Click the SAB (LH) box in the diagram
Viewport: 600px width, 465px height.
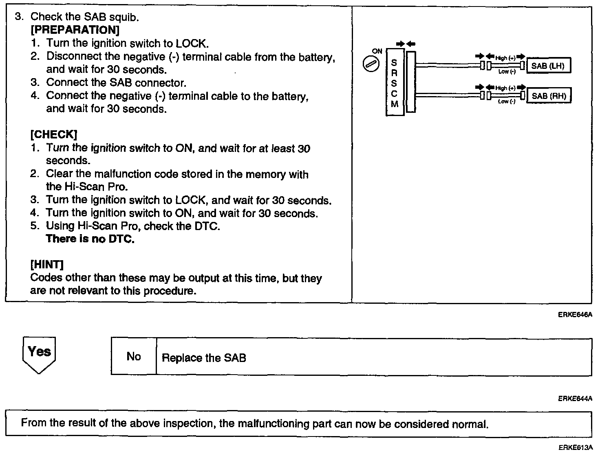coord(548,66)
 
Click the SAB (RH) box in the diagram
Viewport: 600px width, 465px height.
coord(549,96)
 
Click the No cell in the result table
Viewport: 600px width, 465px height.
coord(134,357)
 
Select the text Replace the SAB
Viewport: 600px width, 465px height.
coord(204,358)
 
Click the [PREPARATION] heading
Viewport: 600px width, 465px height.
coord(75,30)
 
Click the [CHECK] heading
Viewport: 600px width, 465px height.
coord(53,134)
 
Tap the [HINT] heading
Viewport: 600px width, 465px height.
coord(47,265)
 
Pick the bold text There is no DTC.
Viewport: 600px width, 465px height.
coord(90,239)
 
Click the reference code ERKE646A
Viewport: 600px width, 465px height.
coord(575,315)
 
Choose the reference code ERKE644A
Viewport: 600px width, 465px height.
coord(575,399)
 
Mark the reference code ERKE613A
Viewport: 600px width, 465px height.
coord(575,447)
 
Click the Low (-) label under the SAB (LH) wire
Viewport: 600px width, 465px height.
coord(507,72)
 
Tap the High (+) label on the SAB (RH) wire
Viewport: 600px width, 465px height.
coord(505,88)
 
